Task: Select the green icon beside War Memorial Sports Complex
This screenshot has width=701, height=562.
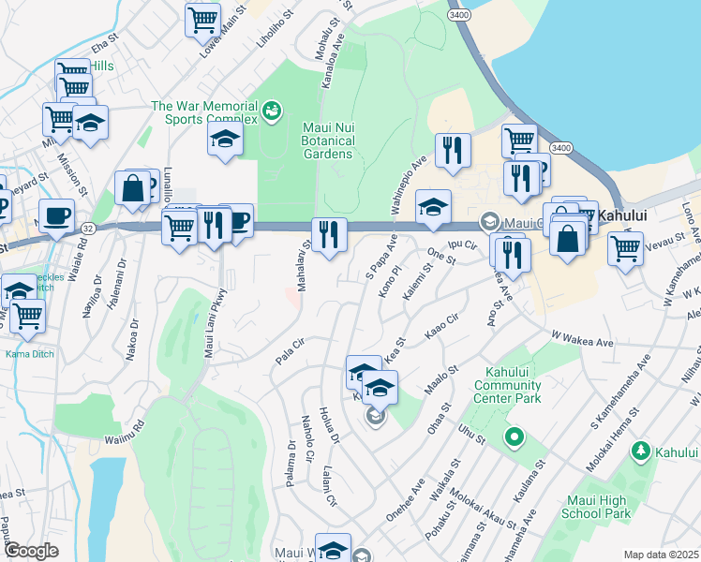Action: (x=272, y=111)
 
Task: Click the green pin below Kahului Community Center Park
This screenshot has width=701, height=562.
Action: (x=514, y=436)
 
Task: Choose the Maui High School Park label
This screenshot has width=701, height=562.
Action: (x=595, y=507)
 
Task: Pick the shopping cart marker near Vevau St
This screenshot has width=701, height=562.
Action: (x=625, y=248)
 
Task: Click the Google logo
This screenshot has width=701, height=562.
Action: (x=31, y=550)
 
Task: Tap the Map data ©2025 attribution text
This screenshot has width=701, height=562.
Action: (x=661, y=555)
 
